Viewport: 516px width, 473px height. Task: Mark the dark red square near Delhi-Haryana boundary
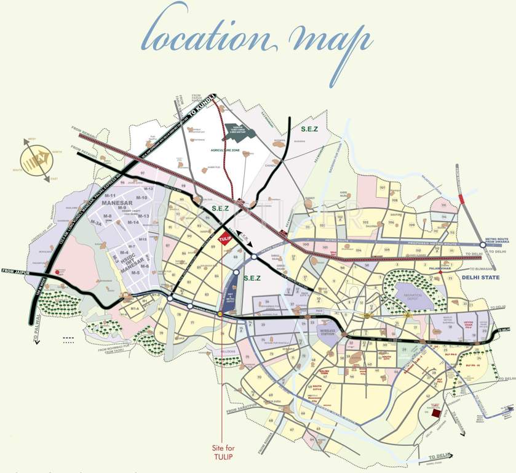(x=436, y=414)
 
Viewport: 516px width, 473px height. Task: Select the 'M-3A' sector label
(x=96, y=222)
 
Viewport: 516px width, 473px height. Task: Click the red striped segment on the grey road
(x=461, y=199)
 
